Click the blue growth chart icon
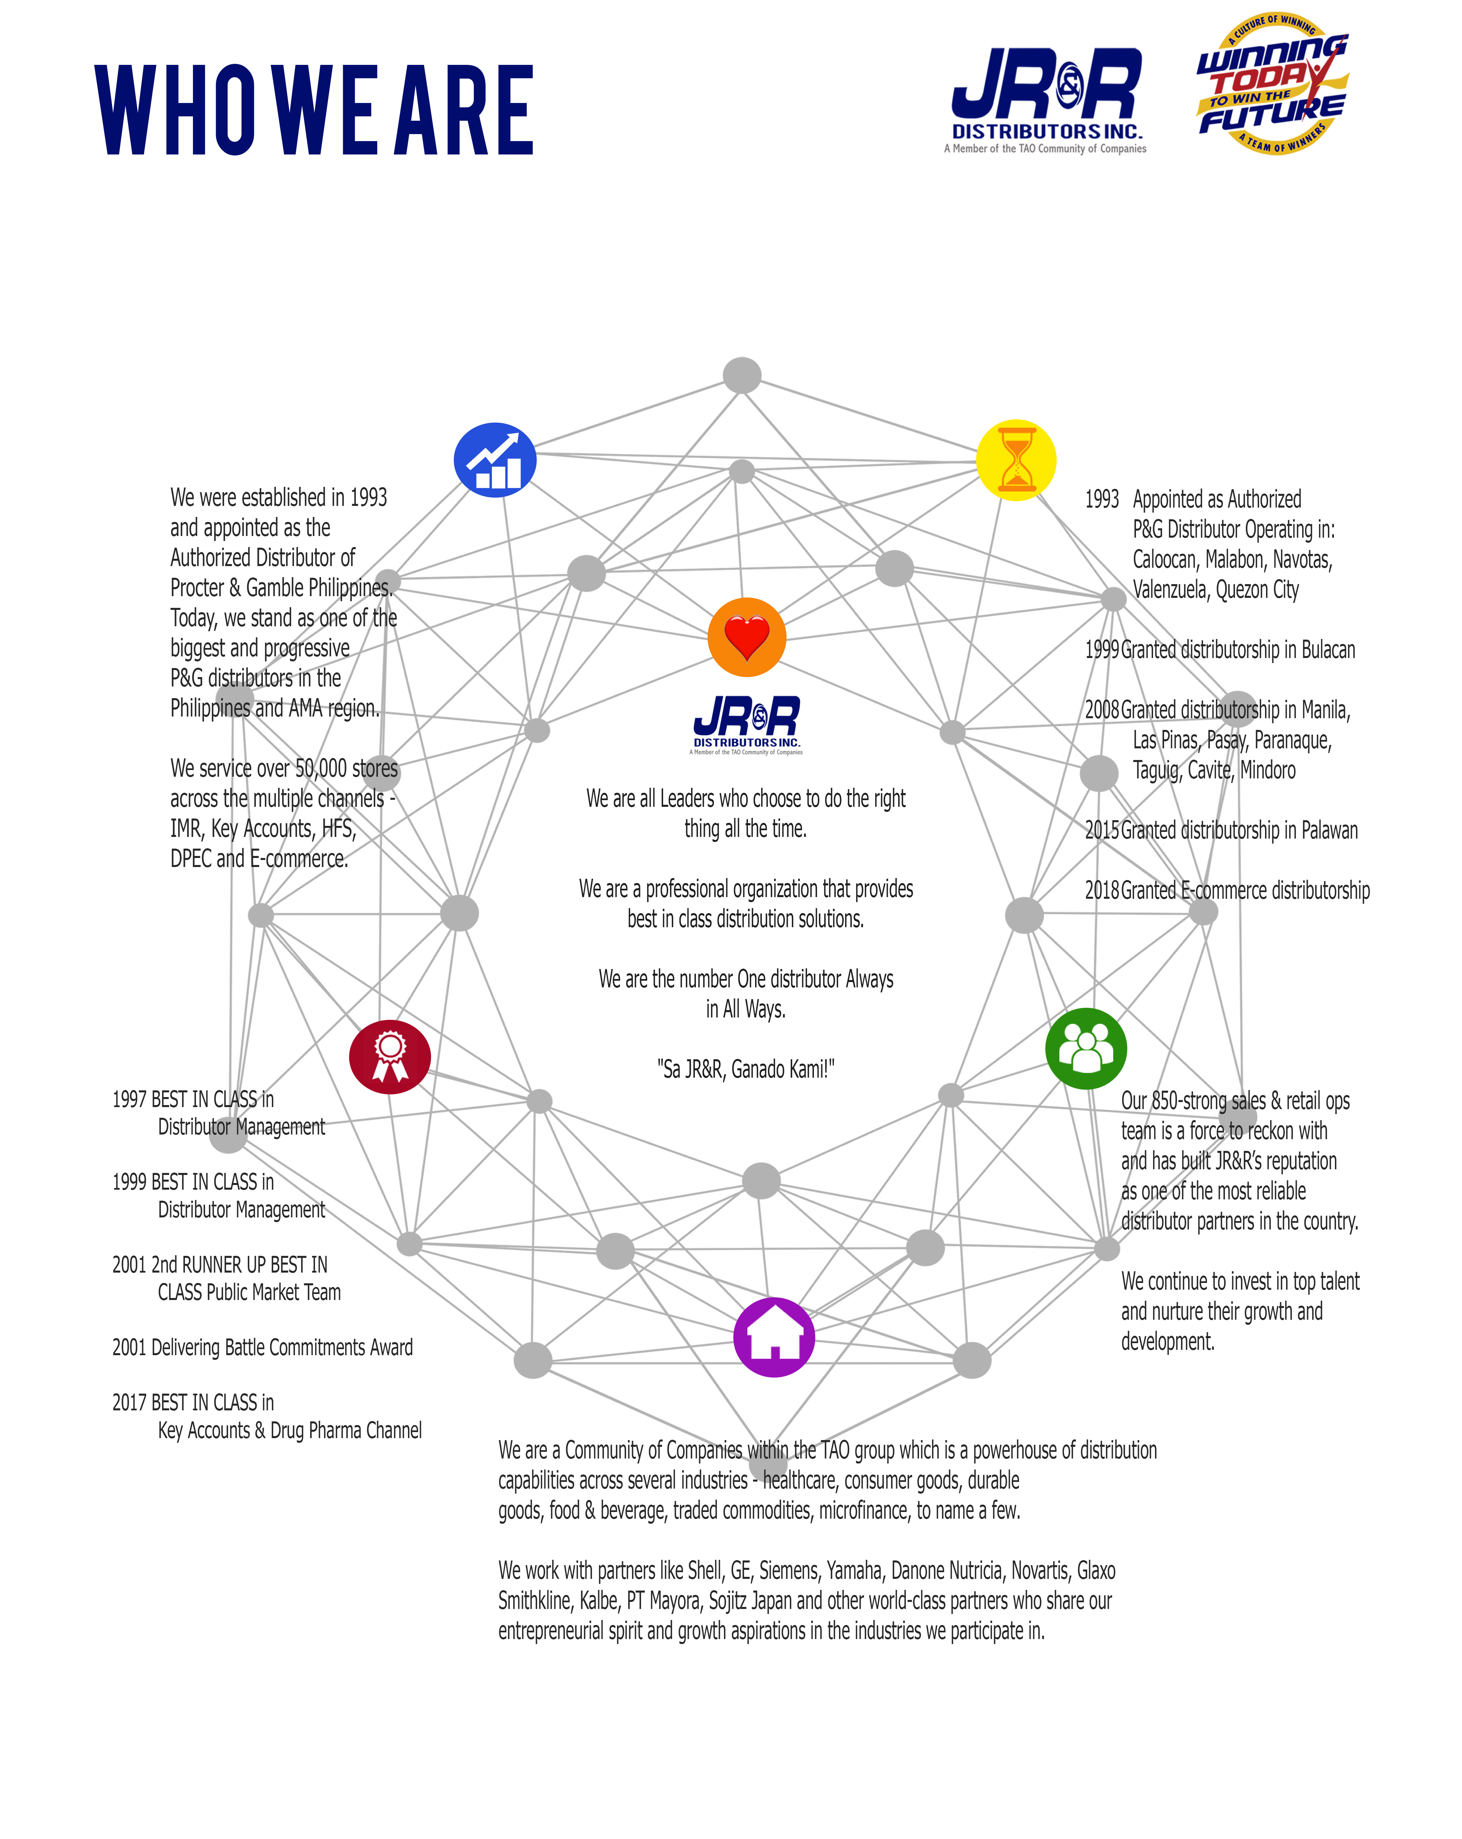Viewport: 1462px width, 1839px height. click(x=495, y=460)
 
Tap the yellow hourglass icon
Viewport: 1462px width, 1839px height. click(x=1016, y=460)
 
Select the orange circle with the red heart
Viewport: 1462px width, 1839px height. click(x=746, y=637)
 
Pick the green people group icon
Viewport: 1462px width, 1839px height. click(x=1086, y=1048)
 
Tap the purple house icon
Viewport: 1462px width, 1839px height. click(x=774, y=1336)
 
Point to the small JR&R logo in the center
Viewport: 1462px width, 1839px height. click(x=746, y=725)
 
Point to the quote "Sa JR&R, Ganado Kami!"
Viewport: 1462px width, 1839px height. click(x=745, y=1069)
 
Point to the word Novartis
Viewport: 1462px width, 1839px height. click(x=1041, y=1570)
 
